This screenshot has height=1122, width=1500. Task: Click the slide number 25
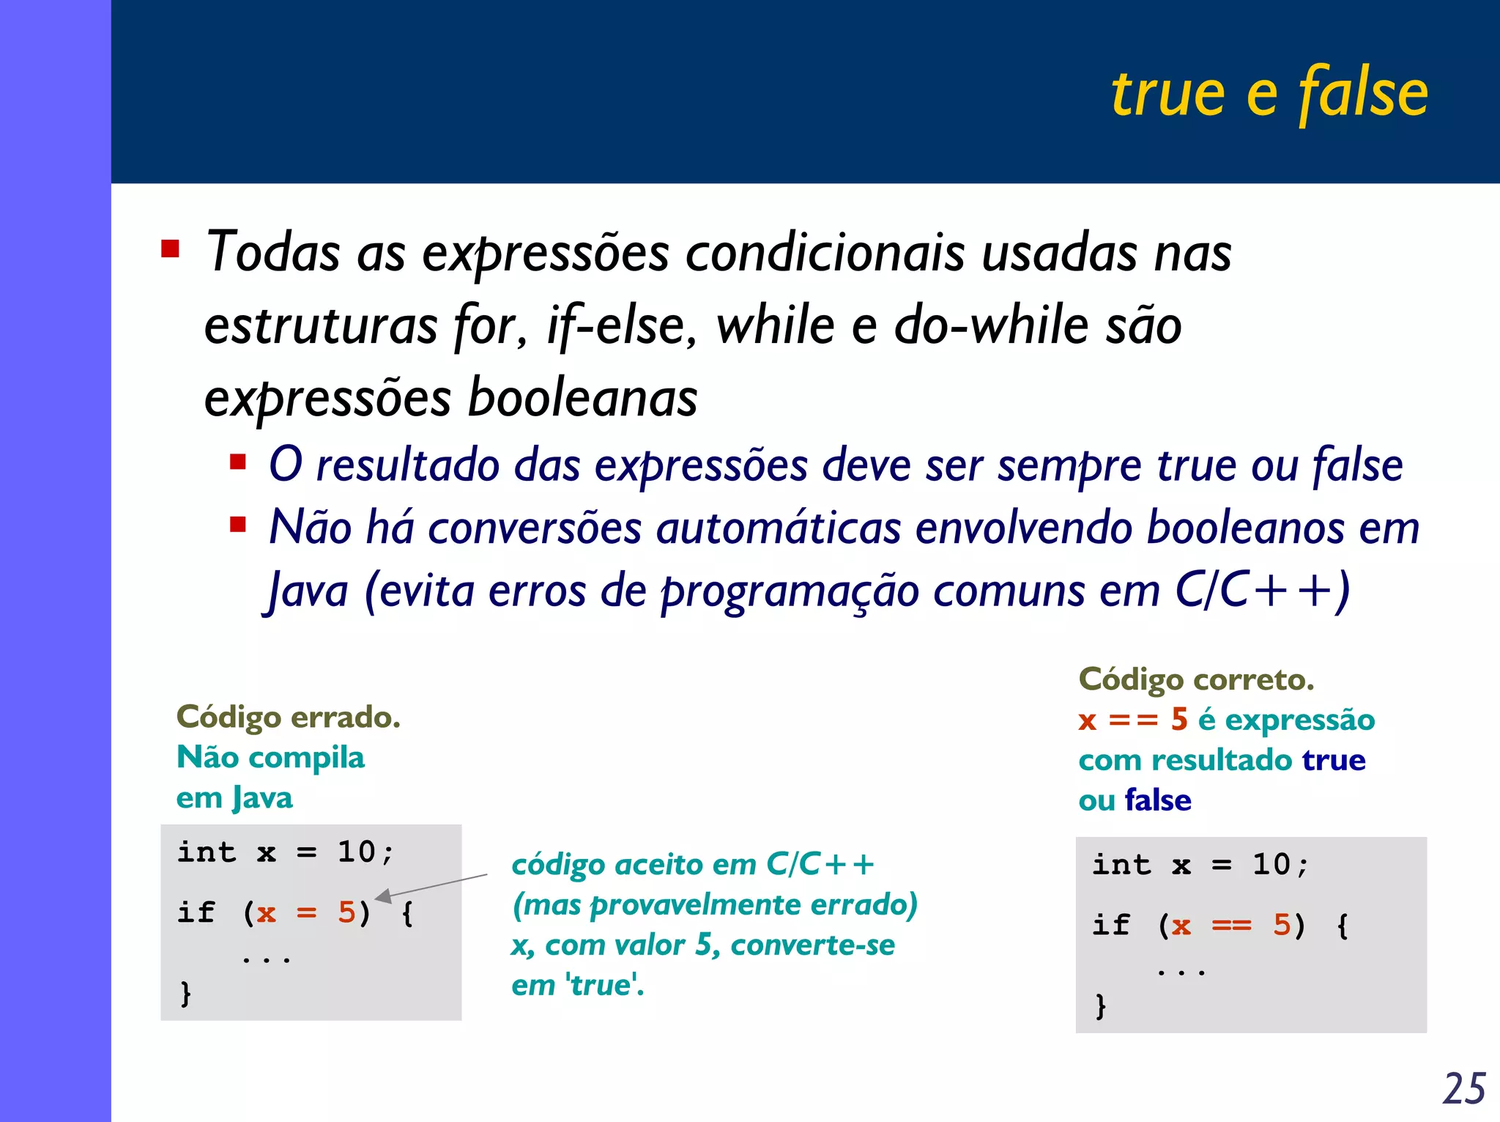coord(1463,1088)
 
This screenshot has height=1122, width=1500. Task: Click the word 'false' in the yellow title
coord(1363,93)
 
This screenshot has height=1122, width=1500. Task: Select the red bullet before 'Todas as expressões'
coord(171,249)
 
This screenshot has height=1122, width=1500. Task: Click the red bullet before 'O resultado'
coord(237,462)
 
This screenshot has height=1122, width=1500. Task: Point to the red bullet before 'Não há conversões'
coord(237,525)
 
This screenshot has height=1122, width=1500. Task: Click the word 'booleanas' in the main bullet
coord(582,398)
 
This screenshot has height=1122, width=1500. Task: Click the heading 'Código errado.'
coord(289,717)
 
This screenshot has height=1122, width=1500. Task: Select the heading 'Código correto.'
coord(1196,679)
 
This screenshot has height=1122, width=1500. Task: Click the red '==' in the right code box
coord(1231,926)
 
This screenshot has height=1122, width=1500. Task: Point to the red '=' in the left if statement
coord(306,913)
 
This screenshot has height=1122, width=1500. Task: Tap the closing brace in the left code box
coord(186,993)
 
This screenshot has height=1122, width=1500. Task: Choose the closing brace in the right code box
coord(1100,1005)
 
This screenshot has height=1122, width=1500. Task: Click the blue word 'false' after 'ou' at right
coord(1158,800)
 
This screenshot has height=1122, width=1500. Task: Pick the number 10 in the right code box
coord(1271,865)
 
